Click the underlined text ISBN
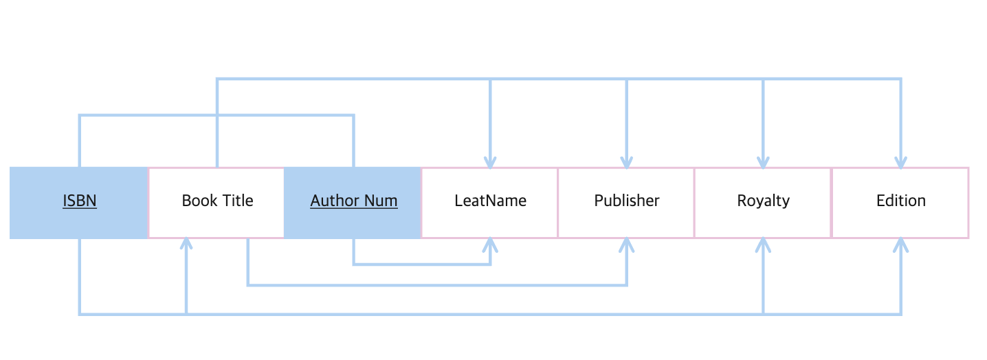tap(80, 201)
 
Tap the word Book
tap(198, 201)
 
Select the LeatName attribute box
tap(489, 203)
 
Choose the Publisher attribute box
tap(626, 203)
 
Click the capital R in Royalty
tap(742, 201)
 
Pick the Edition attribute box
tap(900, 203)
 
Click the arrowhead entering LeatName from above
tap(490, 163)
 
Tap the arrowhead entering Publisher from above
tap(627, 163)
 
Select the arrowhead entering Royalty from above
tap(763, 163)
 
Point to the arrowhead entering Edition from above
tap(900, 163)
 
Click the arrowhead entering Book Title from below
tap(186, 244)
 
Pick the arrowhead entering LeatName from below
tap(490, 245)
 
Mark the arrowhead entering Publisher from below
tap(627, 245)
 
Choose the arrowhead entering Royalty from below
tap(763, 245)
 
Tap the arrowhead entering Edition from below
tap(900, 245)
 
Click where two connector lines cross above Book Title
tap(217, 115)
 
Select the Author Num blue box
tap(353, 203)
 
